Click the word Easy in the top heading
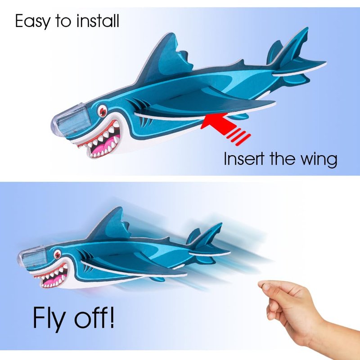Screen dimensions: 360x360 tap(32, 21)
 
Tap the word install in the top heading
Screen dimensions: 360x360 tap(98, 21)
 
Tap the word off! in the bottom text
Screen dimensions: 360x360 tap(94, 317)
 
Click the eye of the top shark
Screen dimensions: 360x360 tap(103, 111)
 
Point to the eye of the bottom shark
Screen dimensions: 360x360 tap(57, 255)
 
